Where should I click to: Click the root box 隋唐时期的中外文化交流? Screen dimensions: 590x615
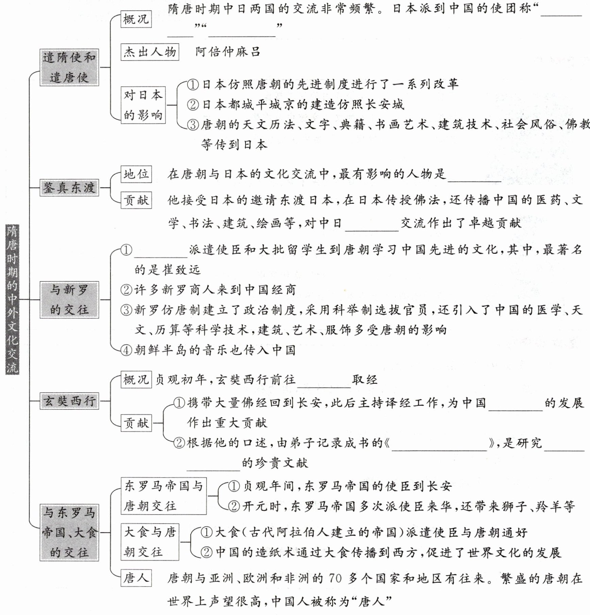(12, 299)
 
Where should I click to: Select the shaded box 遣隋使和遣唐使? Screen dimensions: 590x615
(69, 67)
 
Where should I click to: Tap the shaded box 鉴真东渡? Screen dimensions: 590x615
(69, 187)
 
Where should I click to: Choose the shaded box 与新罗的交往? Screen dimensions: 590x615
(69, 300)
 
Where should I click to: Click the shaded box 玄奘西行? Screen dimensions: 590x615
(69, 401)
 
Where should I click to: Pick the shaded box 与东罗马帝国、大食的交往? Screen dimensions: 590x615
(69, 532)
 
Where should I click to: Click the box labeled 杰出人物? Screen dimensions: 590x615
(150, 52)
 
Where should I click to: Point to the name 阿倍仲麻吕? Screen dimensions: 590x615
(228, 52)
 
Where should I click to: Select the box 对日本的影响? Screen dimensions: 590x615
(143, 105)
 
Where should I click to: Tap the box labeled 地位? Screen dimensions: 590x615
(136, 174)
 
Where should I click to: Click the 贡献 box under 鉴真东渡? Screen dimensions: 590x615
(136, 200)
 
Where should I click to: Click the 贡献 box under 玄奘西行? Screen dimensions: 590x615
(136, 423)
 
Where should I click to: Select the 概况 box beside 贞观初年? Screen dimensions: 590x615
(136, 380)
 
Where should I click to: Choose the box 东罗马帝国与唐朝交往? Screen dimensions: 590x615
(164, 496)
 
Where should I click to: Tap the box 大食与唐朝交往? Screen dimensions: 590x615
(150, 542)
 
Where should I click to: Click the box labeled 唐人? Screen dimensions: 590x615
(136, 578)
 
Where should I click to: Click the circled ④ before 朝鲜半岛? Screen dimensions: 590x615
(127, 350)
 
